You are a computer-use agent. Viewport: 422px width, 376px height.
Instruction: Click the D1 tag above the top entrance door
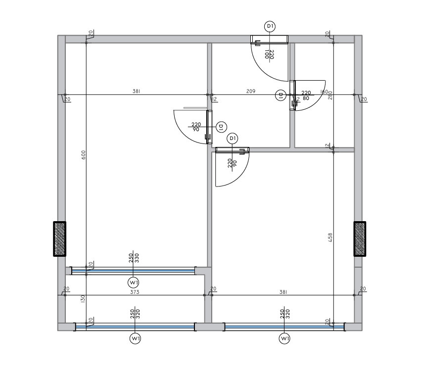pyautogui.click(x=270, y=26)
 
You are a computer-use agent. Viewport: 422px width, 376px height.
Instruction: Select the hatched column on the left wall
pyautogui.click(x=60, y=238)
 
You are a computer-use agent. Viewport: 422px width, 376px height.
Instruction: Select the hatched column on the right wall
pyautogui.click(x=360, y=238)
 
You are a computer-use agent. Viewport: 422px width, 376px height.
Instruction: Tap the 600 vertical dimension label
pyautogui.click(x=84, y=155)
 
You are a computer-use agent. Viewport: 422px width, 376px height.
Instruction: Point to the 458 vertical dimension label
pyautogui.click(x=330, y=237)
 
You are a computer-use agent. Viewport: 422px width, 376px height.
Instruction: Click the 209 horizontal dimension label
pyautogui.click(x=251, y=91)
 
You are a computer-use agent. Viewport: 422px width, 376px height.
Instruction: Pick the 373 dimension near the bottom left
pyautogui.click(x=135, y=292)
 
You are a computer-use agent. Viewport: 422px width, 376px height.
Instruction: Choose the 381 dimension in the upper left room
pyautogui.click(x=136, y=91)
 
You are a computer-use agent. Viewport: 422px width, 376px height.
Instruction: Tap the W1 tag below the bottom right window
pyautogui.click(x=284, y=339)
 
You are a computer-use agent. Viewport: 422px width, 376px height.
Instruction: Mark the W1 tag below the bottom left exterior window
pyautogui.click(x=135, y=339)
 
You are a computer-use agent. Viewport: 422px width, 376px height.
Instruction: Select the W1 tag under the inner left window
pyautogui.click(x=133, y=282)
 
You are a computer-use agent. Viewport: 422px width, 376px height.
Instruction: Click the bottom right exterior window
pyautogui.click(x=284, y=327)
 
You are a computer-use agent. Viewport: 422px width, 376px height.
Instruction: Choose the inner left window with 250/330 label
pyautogui.click(x=134, y=270)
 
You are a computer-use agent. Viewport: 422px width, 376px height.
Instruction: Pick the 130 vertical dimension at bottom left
pyautogui.click(x=83, y=298)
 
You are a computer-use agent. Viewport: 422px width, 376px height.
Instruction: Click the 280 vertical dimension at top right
pyautogui.click(x=330, y=95)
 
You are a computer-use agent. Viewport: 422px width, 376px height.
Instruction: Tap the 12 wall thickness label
pyautogui.click(x=215, y=99)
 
